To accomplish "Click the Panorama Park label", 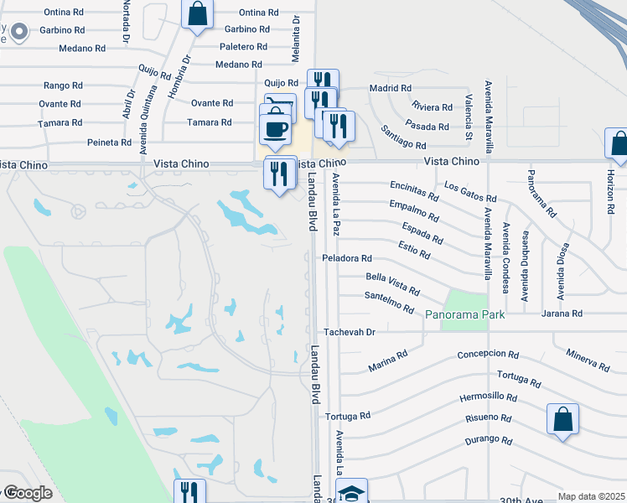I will (x=464, y=314).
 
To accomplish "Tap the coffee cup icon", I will (x=276, y=129).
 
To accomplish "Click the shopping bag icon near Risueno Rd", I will (x=562, y=419).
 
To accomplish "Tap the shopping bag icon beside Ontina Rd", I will (x=197, y=14).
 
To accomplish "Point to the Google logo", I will (x=27, y=494).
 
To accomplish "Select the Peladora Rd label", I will (x=347, y=259).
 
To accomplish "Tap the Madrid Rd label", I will (x=391, y=88).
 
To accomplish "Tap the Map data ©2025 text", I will (x=590, y=496).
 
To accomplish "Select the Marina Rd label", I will (x=387, y=361).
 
